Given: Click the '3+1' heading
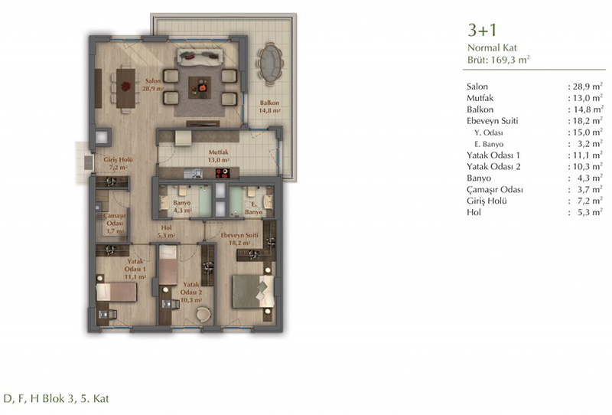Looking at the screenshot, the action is click(x=482, y=30).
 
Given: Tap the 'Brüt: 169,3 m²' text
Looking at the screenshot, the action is click(x=499, y=60).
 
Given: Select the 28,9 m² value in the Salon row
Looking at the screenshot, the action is click(x=588, y=87).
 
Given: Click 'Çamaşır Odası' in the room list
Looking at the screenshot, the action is click(x=494, y=190).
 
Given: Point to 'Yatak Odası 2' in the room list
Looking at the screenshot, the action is click(x=493, y=166).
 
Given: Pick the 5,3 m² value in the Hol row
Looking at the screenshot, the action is click(x=590, y=212).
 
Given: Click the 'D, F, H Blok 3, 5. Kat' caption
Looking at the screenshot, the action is click(x=56, y=399).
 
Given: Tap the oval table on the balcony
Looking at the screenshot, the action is click(x=270, y=63).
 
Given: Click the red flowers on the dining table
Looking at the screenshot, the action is click(x=125, y=86).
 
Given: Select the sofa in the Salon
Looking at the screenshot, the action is click(x=200, y=57).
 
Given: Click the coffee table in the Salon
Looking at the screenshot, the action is click(x=200, y=87).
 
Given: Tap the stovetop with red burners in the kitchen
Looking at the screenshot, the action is click(x=222, y=173).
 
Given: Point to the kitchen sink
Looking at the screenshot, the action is click(x=194, y=173).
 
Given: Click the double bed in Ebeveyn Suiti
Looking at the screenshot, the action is click(x=253, y=292).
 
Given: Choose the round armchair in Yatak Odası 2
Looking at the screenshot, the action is click(x=203, y=314).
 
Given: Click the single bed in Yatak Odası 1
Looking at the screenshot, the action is click(x=116, y=292).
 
